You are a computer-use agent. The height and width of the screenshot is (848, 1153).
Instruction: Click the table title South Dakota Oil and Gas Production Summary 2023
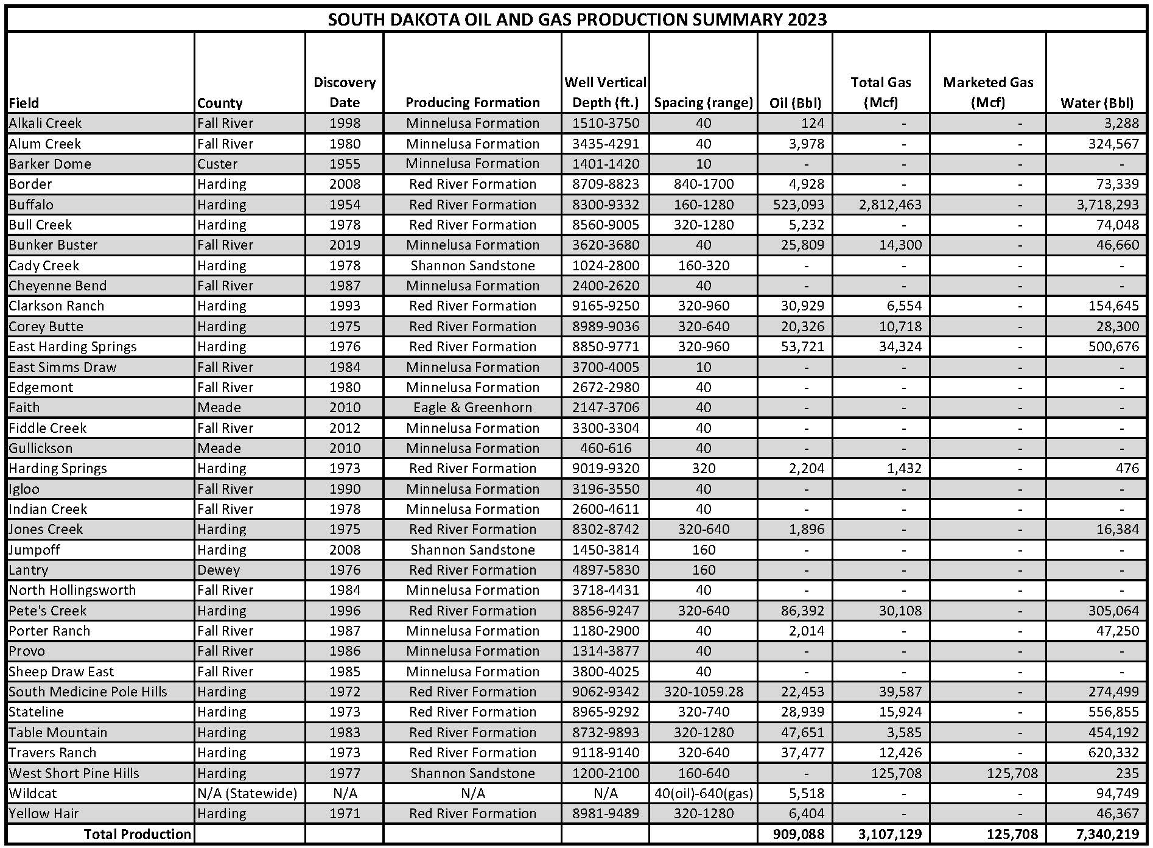click(x=576, y=19)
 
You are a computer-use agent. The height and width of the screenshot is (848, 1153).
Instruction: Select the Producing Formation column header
click(x=472, y=102)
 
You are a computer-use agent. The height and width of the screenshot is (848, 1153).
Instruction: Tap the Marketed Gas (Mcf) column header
click(x=987, y=92)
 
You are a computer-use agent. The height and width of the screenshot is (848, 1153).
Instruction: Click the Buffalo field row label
click(x=32, y=205)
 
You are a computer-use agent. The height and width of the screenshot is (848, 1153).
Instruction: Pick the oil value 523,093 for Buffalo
click(x=798, y=205)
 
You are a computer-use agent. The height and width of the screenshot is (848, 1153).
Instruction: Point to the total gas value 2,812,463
click(x=890, y=205)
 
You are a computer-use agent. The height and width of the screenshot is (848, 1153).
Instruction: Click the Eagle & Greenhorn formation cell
click(x=472, y=407)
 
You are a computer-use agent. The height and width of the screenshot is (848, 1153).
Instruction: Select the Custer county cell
click(x=217, y=164)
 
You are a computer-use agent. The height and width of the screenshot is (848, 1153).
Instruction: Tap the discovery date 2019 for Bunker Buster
click(x=345, y=245)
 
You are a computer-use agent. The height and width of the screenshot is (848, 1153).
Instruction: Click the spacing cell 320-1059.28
click(x=703, y=692)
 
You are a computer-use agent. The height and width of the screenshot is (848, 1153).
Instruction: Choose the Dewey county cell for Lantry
click(x=219, y=570)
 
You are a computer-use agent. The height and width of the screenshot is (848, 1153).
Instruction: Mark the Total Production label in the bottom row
click(x=137, y=834)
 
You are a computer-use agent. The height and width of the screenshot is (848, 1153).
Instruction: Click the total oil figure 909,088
click(x=798, y=834)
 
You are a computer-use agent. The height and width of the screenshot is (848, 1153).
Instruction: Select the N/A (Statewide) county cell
click(x=247, y=793)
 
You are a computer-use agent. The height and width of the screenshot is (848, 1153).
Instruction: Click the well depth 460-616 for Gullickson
click(x=605, y=448)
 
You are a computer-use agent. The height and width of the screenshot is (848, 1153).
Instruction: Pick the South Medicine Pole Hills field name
click(x=88, y=692)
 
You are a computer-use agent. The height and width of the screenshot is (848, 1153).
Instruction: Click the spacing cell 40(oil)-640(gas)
click(x=703, y=793)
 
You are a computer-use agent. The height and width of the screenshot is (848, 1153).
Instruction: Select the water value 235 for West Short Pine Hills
click(x=1127, y=773)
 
